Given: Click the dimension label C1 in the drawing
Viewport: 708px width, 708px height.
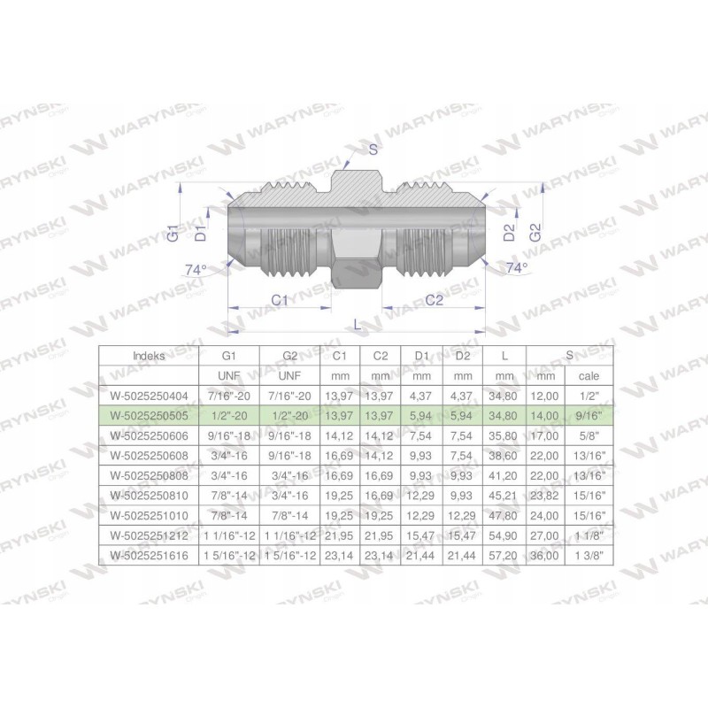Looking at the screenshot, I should click(281, 301).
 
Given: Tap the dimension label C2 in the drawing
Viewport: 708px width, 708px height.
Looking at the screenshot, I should click(434, 301).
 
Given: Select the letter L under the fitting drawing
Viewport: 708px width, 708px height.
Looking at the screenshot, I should click(357, 325).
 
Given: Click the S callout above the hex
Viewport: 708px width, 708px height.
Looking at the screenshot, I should click(373, 150).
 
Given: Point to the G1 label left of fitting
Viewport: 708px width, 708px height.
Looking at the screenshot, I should click(174, 235).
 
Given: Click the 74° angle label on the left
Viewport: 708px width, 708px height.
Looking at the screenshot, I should click(196, 269).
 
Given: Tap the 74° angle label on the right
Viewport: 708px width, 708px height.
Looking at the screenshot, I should click(516, 266).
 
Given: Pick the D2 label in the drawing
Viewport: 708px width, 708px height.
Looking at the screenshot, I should click(509, 233).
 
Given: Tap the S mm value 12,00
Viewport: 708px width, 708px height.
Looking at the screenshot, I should click(544, 395).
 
